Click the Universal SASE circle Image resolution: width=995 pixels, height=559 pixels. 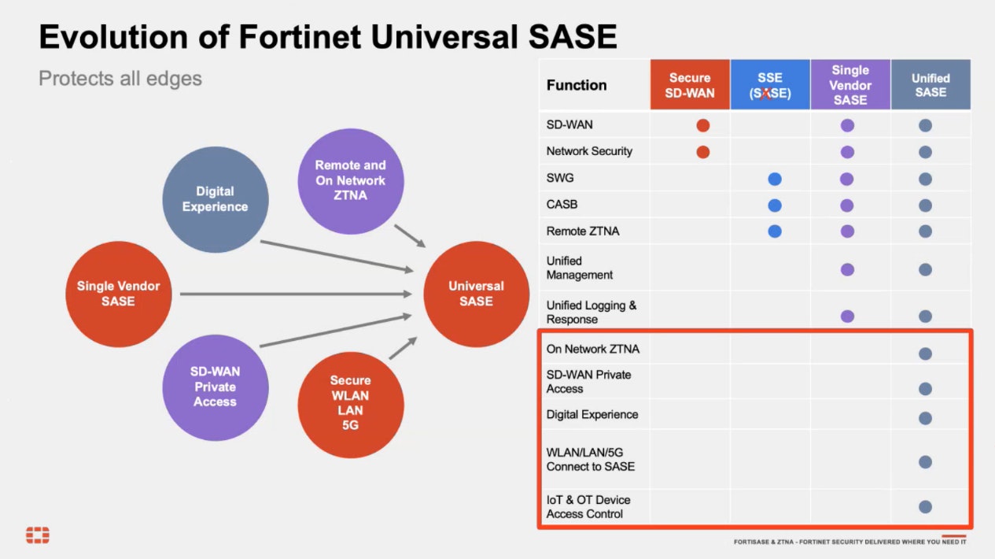point(476,294)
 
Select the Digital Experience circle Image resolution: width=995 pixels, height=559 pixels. point(216,199)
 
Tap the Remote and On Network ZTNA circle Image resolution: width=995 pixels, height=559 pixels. point(350,180)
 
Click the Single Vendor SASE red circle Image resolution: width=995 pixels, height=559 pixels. point(118,294)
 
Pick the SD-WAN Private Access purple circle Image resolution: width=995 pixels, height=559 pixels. point(215,387)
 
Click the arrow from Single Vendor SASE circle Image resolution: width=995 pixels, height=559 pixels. point(295,294)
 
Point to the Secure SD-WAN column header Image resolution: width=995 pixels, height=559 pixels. point(690,85)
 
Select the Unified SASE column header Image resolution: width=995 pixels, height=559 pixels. point(931,85)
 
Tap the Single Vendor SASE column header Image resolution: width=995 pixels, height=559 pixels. point(850,85)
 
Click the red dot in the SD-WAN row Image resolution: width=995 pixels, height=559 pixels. point(703,125)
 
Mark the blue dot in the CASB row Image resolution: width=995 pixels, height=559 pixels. point(775,205)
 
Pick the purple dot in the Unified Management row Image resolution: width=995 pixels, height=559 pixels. point(847,269)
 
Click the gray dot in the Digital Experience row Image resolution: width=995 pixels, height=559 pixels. point(925,417)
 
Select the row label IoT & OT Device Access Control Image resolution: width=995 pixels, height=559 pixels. point(588,506)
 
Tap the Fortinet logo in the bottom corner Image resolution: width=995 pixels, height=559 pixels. point(38,535)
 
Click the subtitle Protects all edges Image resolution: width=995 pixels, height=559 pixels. point(120,79)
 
